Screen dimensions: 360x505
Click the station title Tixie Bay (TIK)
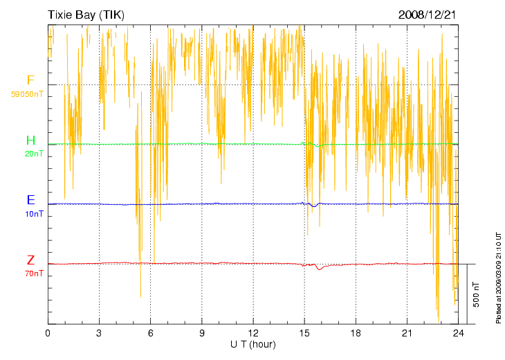click(x=86, y=15)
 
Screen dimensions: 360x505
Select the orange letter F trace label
click(x=30, y=80)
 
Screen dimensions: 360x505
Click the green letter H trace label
click(x=30, y=141)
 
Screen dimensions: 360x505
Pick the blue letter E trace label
click(x=30, y=200)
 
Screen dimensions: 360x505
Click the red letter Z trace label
click(x=30, y=260)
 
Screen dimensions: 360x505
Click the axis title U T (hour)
click(x=253, y=344)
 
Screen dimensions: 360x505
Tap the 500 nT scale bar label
click(x=476, y=294)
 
